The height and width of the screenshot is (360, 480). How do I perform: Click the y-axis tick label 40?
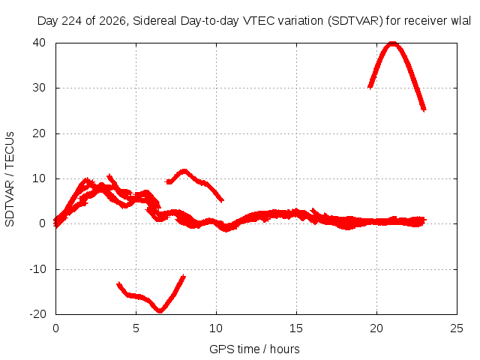39,43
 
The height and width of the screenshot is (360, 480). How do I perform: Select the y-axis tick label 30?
39,88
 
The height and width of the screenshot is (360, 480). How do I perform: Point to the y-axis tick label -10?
37,269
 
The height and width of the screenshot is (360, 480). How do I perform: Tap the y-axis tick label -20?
37,314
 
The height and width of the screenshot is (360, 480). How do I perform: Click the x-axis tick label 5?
136,328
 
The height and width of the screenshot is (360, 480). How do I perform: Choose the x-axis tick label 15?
296,328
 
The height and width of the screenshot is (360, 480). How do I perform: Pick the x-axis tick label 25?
457,328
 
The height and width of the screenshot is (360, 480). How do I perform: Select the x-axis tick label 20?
376,328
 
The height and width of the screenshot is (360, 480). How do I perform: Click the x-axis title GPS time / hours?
254,349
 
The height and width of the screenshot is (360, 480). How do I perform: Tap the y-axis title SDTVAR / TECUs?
10,179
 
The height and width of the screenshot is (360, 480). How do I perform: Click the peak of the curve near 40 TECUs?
392,43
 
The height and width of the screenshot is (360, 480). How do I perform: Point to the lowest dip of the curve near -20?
160,310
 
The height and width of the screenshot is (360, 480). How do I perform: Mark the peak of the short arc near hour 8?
184,171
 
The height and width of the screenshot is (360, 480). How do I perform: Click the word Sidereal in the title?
154,21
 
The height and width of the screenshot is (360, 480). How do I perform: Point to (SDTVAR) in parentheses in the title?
355,21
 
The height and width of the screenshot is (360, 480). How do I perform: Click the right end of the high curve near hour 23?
424,109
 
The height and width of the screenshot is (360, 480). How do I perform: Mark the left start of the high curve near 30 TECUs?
370,87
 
